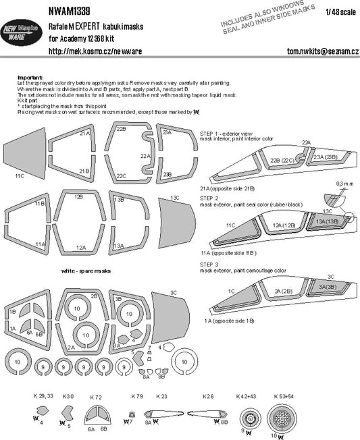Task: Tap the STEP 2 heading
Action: (210, 197)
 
